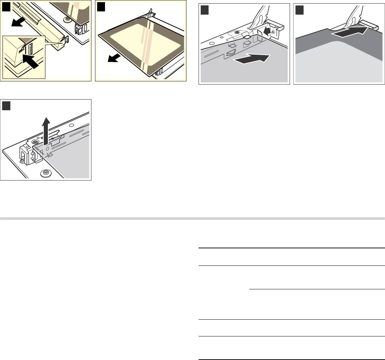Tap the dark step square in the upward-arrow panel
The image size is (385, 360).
[6, 106]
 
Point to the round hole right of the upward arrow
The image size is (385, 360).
[71, 126]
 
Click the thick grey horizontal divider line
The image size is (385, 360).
[192, 218]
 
